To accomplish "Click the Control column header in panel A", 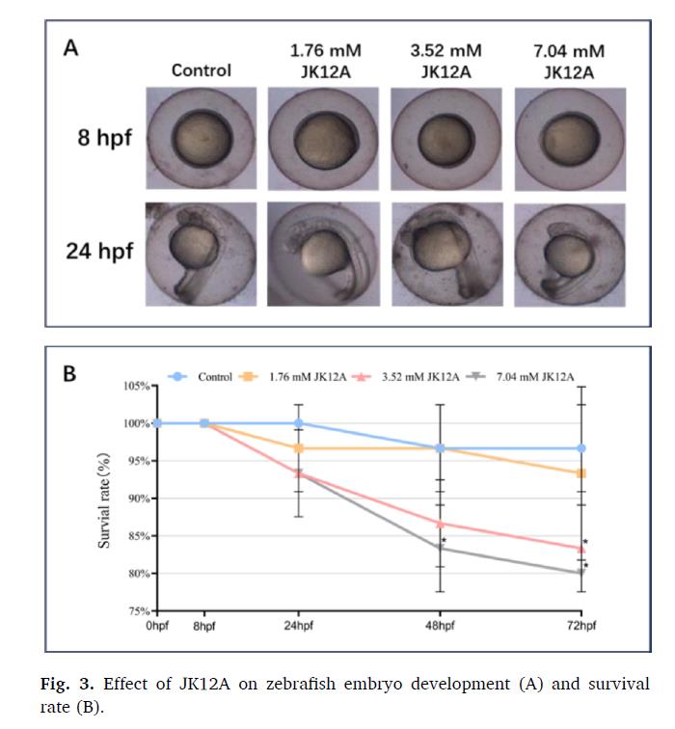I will coord(202,70).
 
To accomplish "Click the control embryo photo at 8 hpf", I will coord(202,137).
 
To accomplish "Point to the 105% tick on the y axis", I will coord(139,387).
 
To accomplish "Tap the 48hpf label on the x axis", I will coord(440,627).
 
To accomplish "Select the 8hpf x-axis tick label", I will coord(204,627).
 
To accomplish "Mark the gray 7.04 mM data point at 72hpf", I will coord(581,574).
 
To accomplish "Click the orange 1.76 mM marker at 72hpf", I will coord(581,473).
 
